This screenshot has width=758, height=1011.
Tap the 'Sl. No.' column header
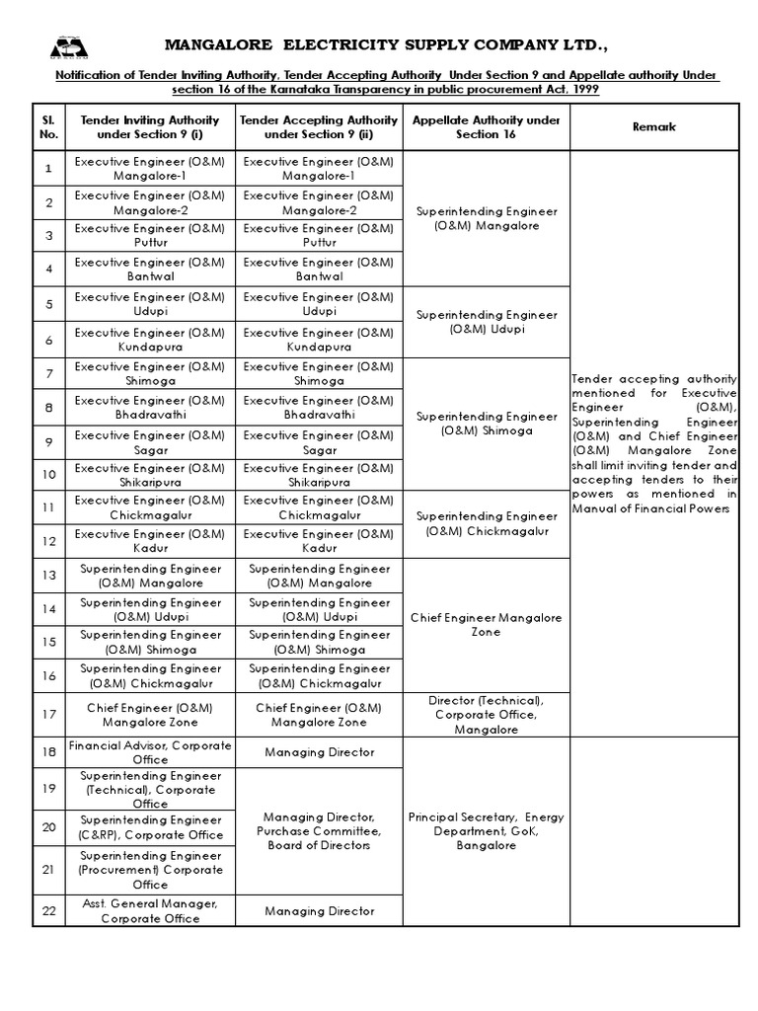pyautogui.click(x=48, y=127)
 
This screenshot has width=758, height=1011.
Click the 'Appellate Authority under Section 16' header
pyautogui.click(x=486, y=127)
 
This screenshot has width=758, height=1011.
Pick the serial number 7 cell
pyautogui.click(x=48, y=373)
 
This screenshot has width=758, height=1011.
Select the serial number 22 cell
pyautogui.click(x=48, y=910)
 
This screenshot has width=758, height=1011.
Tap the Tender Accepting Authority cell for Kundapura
pyautogui.click(x=319, y=340)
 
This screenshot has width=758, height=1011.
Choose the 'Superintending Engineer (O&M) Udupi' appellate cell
pyautogui.click(x=486, y=322)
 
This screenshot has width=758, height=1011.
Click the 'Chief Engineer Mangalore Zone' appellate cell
pyautogui.click(x=486, y=624)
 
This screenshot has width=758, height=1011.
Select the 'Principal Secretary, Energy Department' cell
pyautogui.click(x=486, y=831)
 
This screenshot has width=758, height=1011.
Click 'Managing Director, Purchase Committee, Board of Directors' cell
pyautogui.click(x=319, y=831)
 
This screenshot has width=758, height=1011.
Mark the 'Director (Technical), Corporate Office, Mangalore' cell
pyautogui.click(x=486, y=715)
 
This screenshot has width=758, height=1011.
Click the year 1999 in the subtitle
pyautogui.click(x=579, y=90)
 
